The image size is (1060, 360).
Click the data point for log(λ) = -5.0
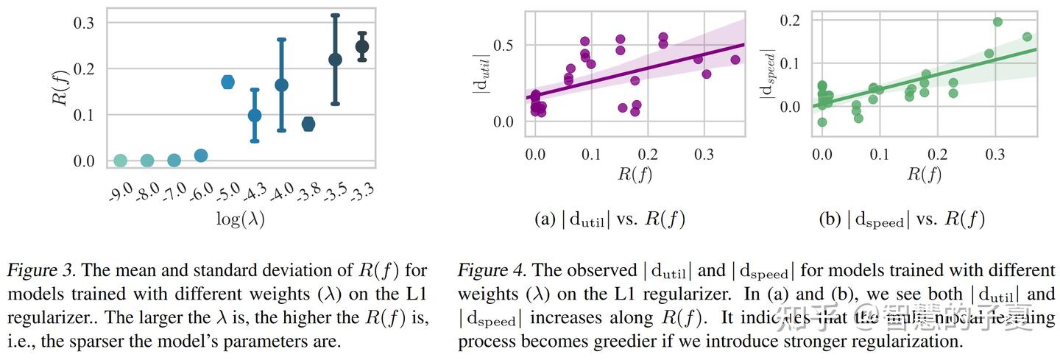coord(227,82)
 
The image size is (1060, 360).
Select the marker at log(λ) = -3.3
coord(361,47)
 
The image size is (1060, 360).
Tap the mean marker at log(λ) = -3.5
coord(335,60)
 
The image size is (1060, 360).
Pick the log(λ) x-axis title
coord(241,219)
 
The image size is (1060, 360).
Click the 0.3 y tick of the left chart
coord(83,23)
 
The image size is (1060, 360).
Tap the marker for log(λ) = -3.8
coord(308,124)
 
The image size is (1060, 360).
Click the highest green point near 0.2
coord(997,21)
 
